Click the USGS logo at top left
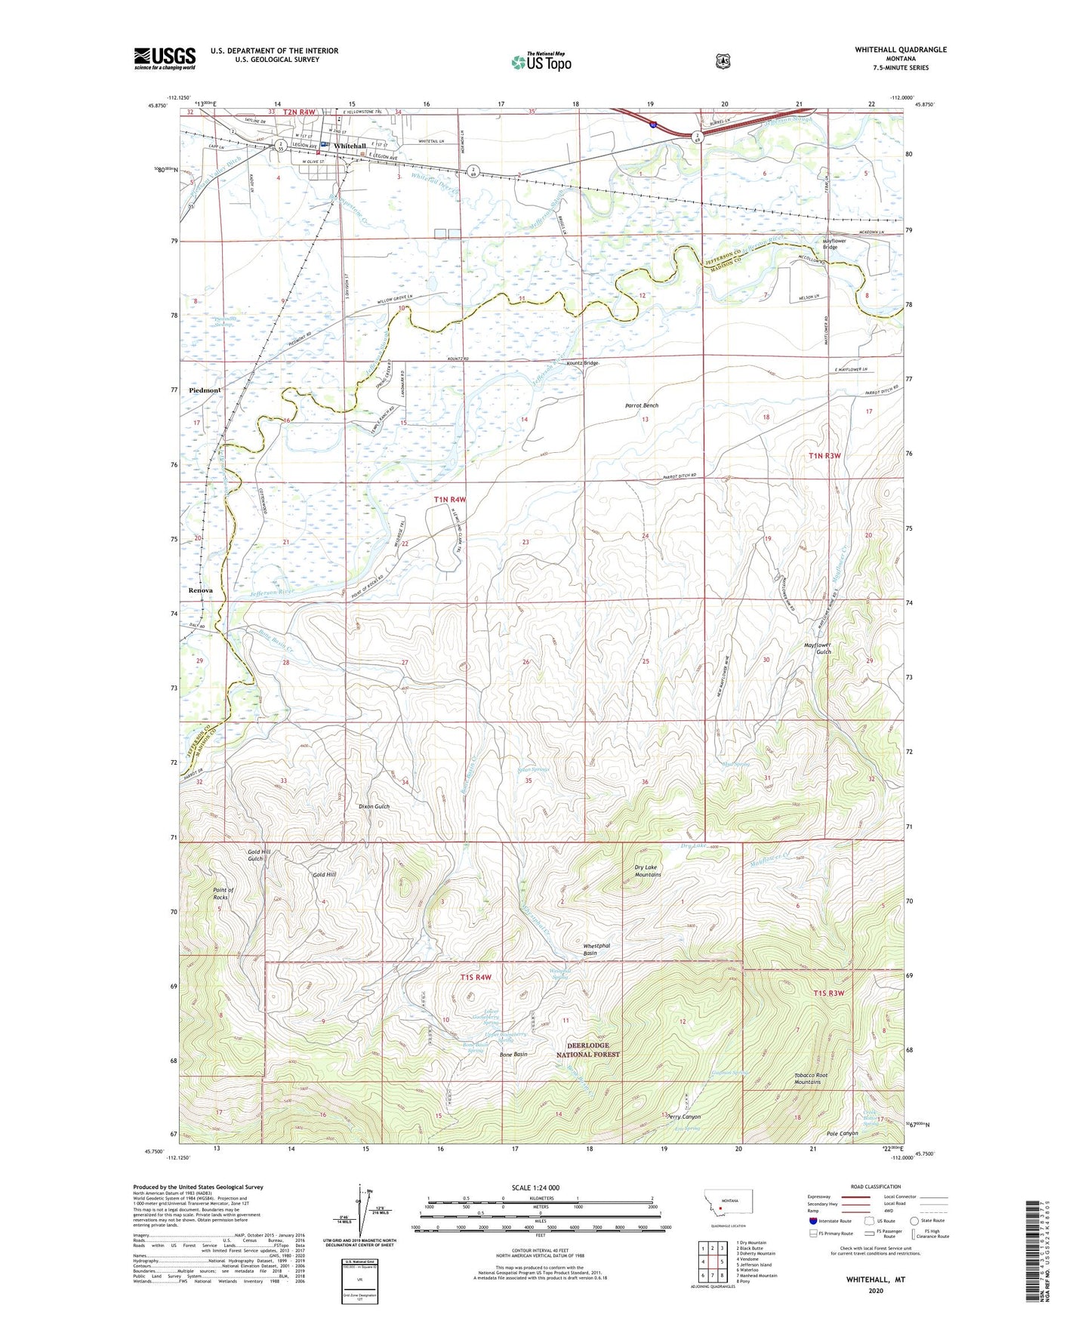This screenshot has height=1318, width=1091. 165,58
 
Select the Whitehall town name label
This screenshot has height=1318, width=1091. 350,146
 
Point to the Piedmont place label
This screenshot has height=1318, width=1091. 205,390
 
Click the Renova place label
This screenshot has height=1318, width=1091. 201,590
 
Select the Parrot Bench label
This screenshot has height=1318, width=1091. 641,405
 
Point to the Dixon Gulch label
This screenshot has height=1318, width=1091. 374,806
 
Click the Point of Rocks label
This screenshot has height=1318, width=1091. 220,894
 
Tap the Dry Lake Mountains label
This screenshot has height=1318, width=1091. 647,871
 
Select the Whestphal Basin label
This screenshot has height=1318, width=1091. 596,949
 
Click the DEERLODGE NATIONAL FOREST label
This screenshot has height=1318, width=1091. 588,1049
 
